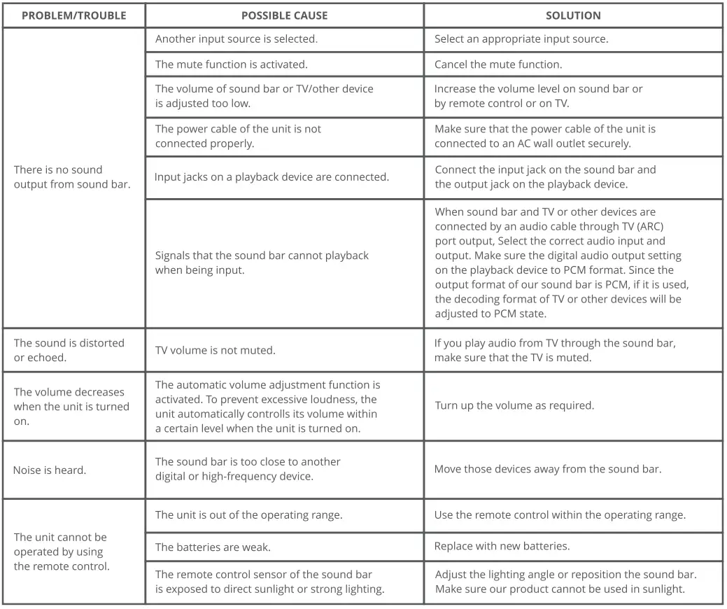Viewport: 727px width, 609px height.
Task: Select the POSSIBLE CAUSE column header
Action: point(284,15)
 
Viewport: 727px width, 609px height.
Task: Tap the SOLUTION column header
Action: point(573,15)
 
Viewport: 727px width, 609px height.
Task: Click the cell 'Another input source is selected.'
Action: point(237,39)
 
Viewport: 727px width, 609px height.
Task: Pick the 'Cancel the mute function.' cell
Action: point(498,64)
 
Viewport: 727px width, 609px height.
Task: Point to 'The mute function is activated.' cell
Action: point(231,64)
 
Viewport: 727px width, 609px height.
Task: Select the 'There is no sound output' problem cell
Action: point(72,177)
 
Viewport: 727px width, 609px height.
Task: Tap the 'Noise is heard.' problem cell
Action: point(50,470)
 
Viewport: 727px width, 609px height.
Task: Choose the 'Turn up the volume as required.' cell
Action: point(514,405)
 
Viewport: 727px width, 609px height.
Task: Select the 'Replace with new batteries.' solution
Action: point(502,546)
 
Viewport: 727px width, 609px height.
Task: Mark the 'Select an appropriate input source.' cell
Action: point(521,39)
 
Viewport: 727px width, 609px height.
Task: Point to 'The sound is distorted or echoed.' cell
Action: point(69,350)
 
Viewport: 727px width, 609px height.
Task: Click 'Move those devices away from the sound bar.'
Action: point(548,469)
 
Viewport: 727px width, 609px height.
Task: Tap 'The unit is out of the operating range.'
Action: point(248,515)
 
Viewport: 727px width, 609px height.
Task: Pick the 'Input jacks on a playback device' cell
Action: point(271,177)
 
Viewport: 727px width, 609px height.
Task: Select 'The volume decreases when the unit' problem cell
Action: point(71,406)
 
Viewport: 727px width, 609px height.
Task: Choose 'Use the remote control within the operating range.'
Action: point(560,515)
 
